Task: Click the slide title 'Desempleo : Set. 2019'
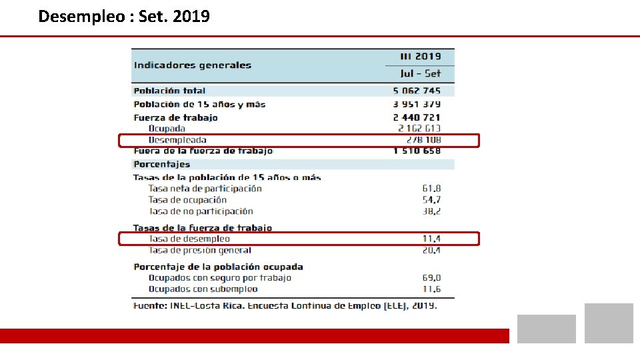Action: coord(124,16)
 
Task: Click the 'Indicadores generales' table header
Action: coord(192,65)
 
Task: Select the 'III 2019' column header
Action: coord(420,57)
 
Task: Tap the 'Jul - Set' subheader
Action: coord(420,73)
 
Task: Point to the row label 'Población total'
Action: coord(169,91)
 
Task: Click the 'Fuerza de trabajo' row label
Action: coord(175,117)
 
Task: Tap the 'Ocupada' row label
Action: coord(167,128)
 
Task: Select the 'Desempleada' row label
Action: coord(177,140)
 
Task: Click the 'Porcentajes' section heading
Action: coord(161,164)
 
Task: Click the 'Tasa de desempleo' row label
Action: coord(189,239)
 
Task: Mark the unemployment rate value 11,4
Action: coord(431,239)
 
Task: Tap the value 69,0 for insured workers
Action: coord(431,278)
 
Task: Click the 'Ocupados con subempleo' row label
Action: coord(203,289)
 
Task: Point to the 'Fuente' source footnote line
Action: coord(285,305)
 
